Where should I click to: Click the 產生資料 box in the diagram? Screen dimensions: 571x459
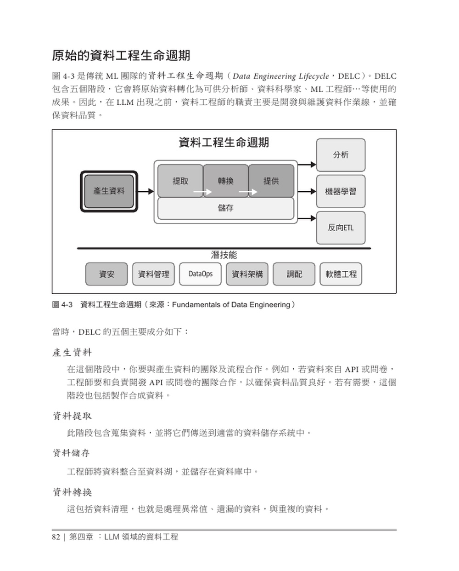[x=109, y=191]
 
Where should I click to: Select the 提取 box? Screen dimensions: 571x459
[x=180, y=181]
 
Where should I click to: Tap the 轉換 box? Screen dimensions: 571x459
[x=225, y=181]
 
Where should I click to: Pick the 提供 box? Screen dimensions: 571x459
[x=271, y=181]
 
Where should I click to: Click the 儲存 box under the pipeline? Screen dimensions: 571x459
[x=225, y=208]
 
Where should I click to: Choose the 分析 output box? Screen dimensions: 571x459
[x=341, y=155]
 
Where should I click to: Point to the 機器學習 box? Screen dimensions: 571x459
[x=341, y=191]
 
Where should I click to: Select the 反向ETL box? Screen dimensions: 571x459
[x=341, y=228]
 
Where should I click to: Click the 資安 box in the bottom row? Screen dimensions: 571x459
[x=106, y=274]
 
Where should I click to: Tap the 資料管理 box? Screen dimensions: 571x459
[x=153, y=274]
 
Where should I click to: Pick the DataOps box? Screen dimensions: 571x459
[x=201, y=274]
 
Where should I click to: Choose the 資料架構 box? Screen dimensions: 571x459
[x=247, y=274]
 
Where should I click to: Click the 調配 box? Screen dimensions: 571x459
[x=294, y=274]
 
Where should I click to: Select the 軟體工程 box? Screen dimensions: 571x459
[x=341, y=274]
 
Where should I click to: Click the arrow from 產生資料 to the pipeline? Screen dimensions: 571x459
[x=146, y=191]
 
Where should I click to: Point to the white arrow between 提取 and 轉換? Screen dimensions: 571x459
[x=202, y=192]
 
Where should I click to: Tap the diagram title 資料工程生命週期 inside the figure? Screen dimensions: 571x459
[x=224, y=143]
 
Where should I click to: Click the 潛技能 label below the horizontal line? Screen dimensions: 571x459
[x=224, y=255]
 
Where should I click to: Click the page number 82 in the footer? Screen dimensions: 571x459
[x=56, y=537]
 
